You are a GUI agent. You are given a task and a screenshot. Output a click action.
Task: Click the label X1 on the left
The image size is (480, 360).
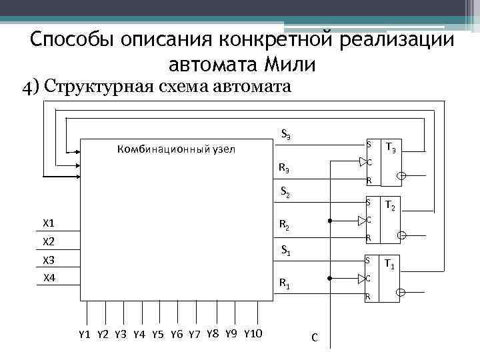49,223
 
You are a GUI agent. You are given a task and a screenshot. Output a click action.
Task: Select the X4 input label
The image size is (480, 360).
49,277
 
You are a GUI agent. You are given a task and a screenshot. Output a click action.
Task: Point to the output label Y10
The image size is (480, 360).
253,333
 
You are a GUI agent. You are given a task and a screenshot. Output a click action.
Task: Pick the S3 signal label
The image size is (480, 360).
285,134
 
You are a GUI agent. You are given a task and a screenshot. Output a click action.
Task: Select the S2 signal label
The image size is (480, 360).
285,194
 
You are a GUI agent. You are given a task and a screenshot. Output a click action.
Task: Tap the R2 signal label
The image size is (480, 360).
284,227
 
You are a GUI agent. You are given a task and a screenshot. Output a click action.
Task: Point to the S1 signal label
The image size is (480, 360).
285,251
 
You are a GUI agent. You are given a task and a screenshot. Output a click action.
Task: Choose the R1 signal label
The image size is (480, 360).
284,286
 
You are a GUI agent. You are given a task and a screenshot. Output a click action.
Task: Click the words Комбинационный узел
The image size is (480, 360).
175,149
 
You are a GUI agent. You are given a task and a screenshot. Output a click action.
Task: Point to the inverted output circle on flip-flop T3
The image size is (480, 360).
401,176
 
